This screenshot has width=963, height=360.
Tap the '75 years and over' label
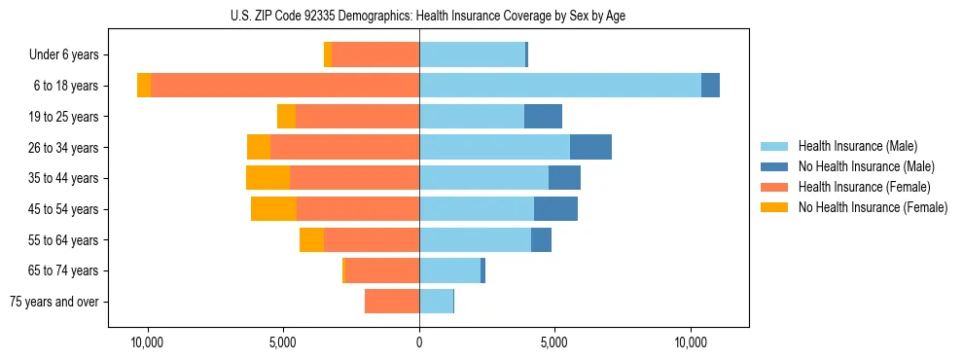point(54,302)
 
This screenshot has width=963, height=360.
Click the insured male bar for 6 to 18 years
point(559,86)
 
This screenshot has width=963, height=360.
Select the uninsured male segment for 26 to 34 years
point(590,147)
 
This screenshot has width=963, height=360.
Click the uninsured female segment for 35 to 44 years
point(267,178)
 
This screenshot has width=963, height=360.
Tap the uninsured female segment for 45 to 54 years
point(273,209)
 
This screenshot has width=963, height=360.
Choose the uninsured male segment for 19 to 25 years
point(543,117)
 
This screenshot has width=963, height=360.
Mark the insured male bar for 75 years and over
point(436,302)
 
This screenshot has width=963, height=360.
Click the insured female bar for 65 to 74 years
point(382,270)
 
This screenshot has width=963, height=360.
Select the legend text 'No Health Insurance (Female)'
point(873,207)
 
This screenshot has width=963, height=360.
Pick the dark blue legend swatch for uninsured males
point(774,166)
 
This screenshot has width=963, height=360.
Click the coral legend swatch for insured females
point(774,187)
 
